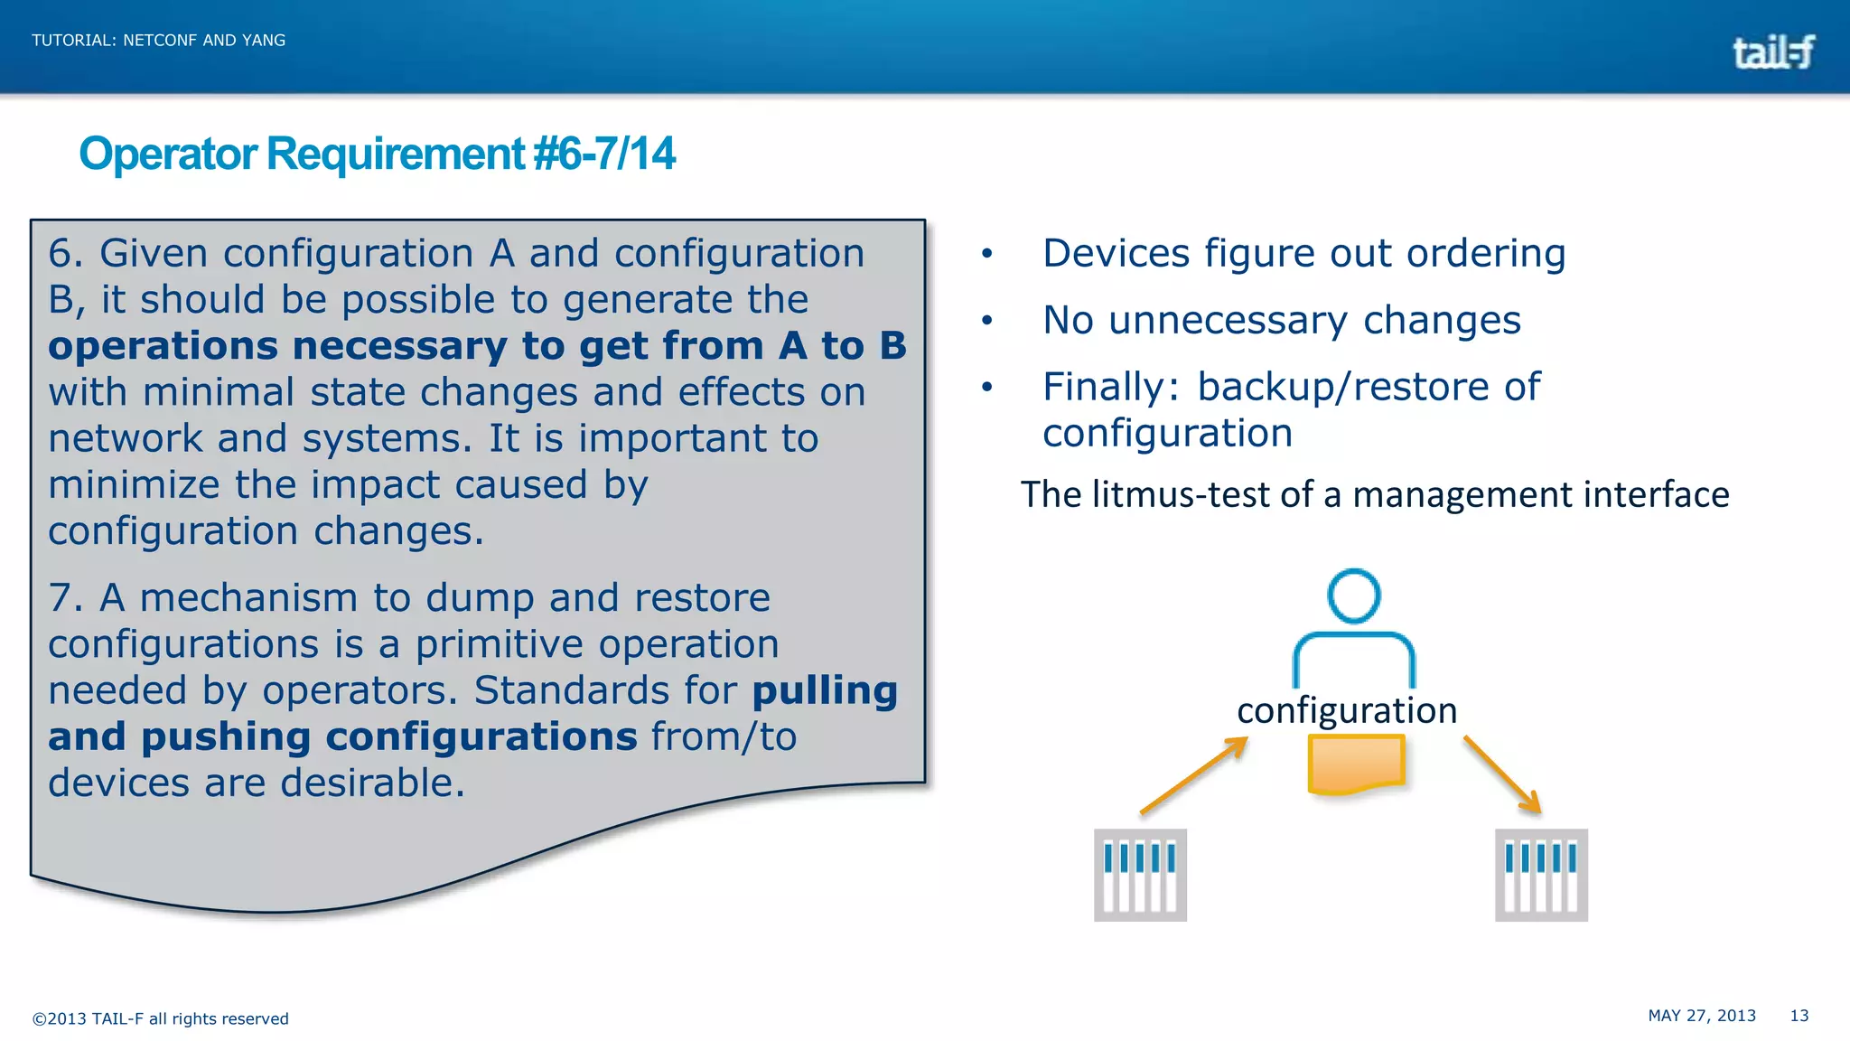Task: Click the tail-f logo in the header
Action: [x=1772, y=52]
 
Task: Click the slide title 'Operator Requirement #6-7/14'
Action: [x=377, y=154]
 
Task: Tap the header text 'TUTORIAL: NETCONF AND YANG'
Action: [x=158, y=41]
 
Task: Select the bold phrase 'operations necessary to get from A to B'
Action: [x=476, y=346]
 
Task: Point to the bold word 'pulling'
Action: [x=825, y=690]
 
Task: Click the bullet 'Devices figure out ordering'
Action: [x=1303, y=254]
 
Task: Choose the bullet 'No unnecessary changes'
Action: [x=1281, y=321]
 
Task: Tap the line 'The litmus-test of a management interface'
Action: [x=1374, y=495]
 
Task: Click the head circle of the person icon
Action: [x=1353, y=596]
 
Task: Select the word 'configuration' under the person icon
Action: [x=1346, y=711]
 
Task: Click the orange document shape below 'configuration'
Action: [x=1355, y=764]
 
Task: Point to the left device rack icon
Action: [x=1140, y=875]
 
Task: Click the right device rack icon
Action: [x=1541, y=875]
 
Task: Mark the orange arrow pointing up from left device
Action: [x=1194, y=776]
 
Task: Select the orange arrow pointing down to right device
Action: [x=1502, y=774]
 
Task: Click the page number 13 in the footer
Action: [x=1799, y=1016]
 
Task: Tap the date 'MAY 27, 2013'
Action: [x=1701, y=1016]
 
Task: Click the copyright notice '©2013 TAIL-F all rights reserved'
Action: [x=160, y=1019]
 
